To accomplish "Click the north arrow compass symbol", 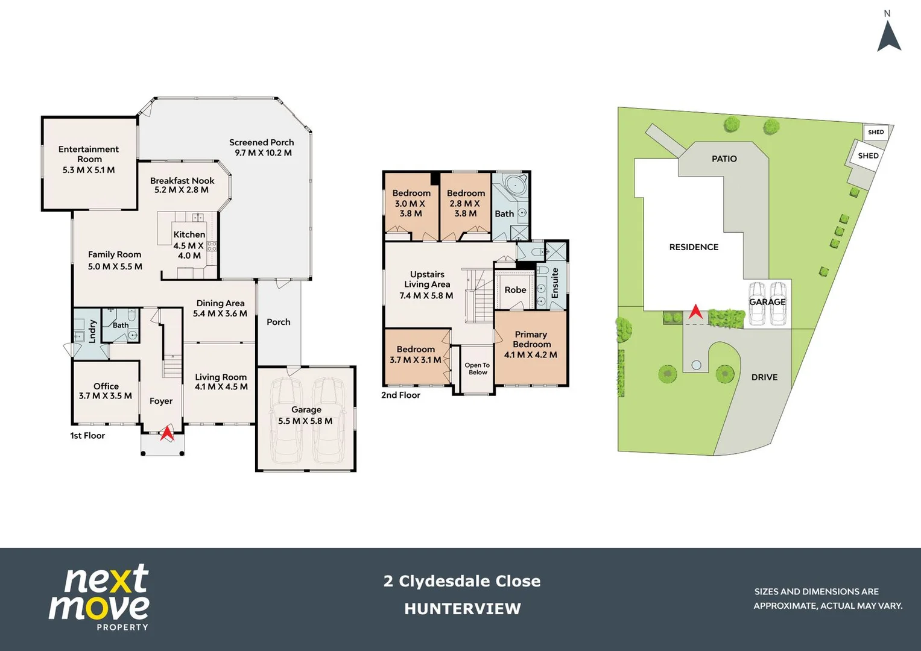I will pyautogui.click(x=888, y=36).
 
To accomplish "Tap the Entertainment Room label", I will pyautogui.click(x=89, y=154).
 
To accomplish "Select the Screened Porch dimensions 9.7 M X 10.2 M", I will pyautogui.click(x=263, y=153).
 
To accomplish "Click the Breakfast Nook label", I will pyautogui.click(x=182, y=181).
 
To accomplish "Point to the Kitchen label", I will pyautogui.click(x=189, y=234).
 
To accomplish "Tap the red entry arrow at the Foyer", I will pyautogui.click(x=166, y=433).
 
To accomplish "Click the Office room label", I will pyautogui.click(x=106, y=386).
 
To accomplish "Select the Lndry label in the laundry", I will pyautogui.click(x=92, y=332).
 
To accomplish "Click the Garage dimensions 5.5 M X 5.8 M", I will pyautogui.click(x=305, y=421).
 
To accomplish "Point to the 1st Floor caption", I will pyautogui.click(x=87, y=435).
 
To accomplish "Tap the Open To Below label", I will pyautogui.click(x=477, y=369).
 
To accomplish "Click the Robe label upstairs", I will pyautogui.click(x=515, y=290).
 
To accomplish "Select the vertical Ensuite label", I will pyautogui.click(x=555, y=283).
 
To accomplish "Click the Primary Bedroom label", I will pyautogui.click(x=531, y=339).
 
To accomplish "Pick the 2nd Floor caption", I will pyautogui.click(x=400, y=395).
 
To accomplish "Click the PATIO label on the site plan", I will pyautogui.click(x=724, y=159).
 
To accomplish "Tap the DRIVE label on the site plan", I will pyautogui.click(x=764, y=377).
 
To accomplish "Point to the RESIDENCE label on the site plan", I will pyautogui.click(x=694, y=247).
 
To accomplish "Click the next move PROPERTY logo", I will pyautogui.click(x=100, y=597).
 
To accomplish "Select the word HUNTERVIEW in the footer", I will pyautogui.click(x=463, y=609).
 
